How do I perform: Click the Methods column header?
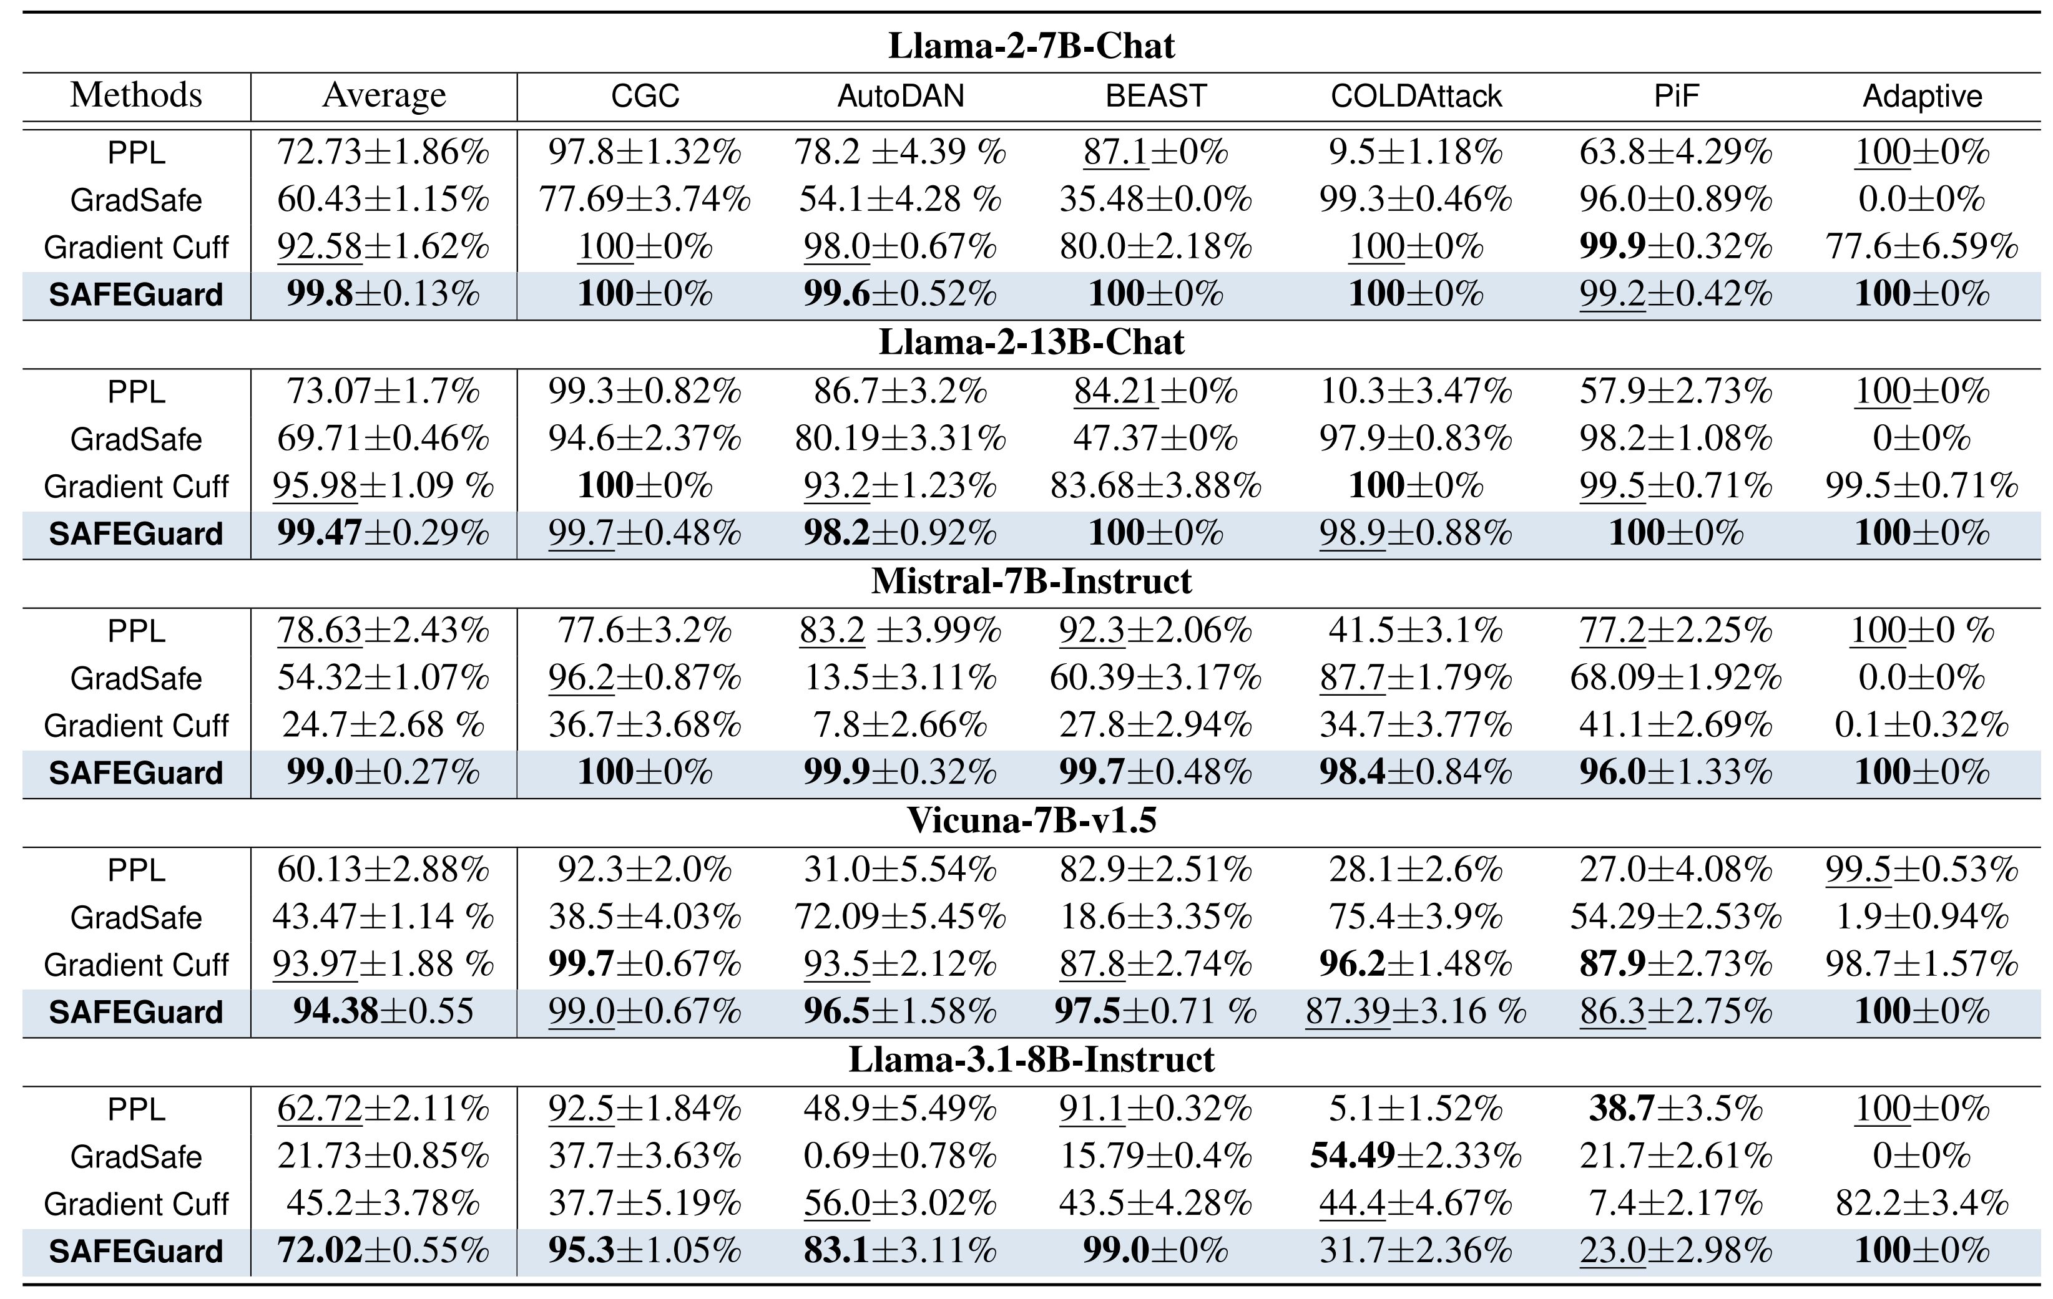pos(137,95)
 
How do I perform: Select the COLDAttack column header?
pos(1416,95)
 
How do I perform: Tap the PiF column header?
pos(1676,95)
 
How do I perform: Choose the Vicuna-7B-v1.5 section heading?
pos(1032,820)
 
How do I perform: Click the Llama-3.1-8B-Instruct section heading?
pos(1032,1059)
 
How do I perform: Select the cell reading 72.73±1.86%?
pos(384,153)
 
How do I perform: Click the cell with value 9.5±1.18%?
pos(1416,153)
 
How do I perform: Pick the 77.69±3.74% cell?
pos(645,200)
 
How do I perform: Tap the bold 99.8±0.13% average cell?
pos(384,294)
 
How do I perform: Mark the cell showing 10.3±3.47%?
pos(1416,391)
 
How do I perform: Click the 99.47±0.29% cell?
pos(384,533)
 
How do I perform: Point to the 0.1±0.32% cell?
pos(1923,726)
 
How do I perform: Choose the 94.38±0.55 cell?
pos(384,1012)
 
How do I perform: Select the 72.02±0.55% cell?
pos(384,1251)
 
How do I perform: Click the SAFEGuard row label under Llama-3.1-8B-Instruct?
pos(137,1251)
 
